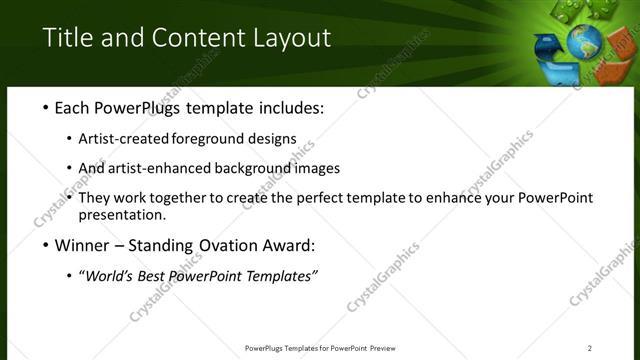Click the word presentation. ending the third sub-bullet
coord(121,215)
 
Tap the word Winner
coord(82,245)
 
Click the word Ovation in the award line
coord(225,245)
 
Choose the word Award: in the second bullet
coord(289,245)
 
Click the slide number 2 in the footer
coord(590,348)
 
